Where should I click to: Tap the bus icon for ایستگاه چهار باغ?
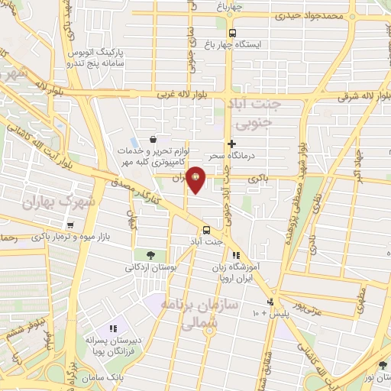coord(233,32)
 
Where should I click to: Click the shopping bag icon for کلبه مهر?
coord(154,140)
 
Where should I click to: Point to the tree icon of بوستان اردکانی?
coord(149,255)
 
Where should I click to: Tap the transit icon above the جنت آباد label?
coord(206,229)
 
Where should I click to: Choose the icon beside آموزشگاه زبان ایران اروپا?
coord(237,256)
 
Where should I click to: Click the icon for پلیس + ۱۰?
coord(269,302)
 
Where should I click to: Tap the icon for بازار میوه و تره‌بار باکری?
coord(70,225)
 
